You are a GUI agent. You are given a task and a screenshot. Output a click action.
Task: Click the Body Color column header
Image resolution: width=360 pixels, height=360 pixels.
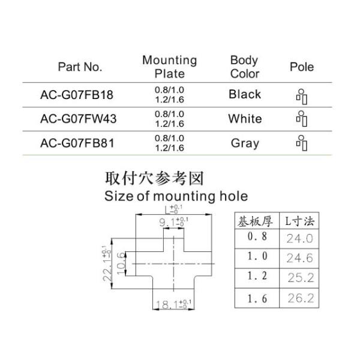244,67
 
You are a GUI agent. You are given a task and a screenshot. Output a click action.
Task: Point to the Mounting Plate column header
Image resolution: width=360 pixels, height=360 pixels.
169,67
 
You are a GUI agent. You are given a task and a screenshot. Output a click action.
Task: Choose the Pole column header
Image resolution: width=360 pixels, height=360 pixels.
302,67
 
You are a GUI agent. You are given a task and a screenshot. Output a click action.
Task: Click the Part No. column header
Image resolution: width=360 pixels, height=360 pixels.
80,67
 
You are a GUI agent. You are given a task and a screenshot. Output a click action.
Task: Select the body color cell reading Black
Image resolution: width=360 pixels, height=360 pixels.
245,94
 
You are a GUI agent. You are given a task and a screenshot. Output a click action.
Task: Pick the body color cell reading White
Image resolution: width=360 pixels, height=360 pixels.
245,119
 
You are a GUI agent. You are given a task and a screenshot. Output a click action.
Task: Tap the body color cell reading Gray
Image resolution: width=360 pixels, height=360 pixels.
245,143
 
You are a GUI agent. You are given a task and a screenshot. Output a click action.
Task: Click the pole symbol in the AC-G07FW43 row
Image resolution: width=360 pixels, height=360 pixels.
302,119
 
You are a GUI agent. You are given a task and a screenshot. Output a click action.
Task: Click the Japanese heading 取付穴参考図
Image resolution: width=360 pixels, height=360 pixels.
154,178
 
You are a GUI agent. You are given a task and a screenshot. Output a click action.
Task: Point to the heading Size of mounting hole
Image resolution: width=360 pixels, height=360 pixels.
176,196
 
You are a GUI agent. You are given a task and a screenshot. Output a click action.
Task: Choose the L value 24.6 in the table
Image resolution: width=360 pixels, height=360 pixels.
300,258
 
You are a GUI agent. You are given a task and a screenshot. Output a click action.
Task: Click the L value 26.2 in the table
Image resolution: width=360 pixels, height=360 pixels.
300,298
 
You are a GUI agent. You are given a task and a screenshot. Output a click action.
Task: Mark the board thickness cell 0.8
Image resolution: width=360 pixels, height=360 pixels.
256,237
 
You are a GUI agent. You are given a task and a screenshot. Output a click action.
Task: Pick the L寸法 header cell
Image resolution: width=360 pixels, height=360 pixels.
300,221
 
